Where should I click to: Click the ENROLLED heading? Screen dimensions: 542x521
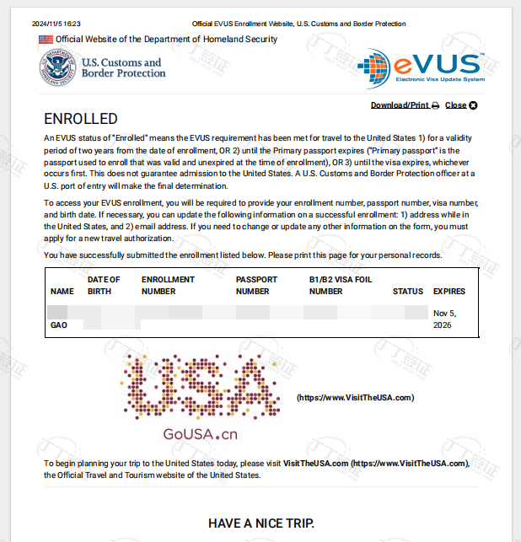click(x=81, y=119)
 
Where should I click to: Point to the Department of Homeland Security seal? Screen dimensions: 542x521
click(x=56, y=68)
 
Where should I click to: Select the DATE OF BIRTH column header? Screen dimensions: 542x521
click(x=104, y=286)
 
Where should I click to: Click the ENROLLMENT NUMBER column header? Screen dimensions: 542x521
click(x=168, y=286)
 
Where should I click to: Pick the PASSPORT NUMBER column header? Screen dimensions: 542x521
click(x=253, y=286)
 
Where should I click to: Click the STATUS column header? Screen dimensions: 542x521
click(x=408, y=292)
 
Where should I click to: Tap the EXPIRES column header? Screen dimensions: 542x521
click(x=449, y=292)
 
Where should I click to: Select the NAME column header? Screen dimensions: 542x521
click(x=62, y=292)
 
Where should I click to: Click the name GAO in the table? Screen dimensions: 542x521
click(x=59, y=325)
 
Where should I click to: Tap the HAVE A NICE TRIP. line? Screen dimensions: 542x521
click(x=260, y=523)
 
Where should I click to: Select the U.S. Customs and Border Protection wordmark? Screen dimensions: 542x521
click(x=123, y=67)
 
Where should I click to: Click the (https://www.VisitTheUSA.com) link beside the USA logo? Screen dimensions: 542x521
click(x=355, y=397)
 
